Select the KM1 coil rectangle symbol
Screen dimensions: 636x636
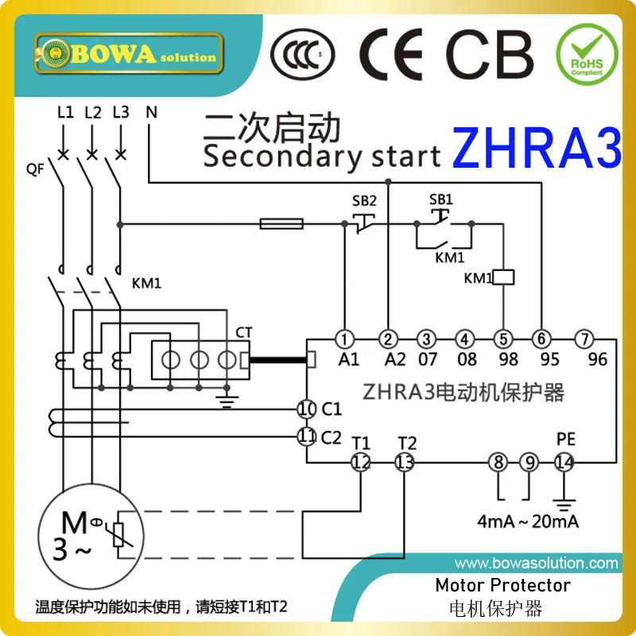[504, 277]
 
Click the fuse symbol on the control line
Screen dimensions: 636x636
[281, 224]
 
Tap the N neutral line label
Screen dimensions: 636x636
[150, 112]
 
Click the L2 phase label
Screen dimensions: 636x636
[92, 112]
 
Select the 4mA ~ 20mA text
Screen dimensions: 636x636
[528, 522]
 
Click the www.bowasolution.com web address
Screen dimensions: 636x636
[536, 564]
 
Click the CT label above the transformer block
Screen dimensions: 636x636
[243, 331]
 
